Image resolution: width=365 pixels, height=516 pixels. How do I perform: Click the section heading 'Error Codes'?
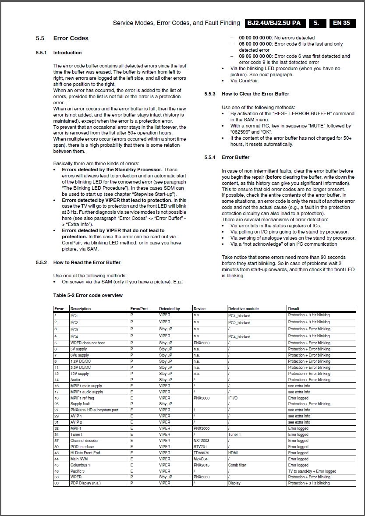pos(71,38)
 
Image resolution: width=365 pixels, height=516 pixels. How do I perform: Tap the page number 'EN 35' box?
pos(341,23)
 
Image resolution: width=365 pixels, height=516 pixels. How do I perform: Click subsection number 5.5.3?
pos(210,94)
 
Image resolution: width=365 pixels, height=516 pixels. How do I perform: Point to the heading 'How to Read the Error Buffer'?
pos(87,262)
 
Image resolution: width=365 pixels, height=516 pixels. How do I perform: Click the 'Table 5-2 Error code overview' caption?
pos(88,295)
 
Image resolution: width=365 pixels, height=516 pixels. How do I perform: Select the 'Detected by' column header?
pos(170,309)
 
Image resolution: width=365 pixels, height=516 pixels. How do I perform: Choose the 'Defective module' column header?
pos(243,309)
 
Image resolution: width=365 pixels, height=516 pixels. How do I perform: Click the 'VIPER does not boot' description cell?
pos(88,343)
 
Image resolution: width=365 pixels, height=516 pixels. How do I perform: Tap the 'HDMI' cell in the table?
pos(233,453)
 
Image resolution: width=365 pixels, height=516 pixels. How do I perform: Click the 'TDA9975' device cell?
pos(202,453)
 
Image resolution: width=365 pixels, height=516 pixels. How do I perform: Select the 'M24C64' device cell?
pos(201,459)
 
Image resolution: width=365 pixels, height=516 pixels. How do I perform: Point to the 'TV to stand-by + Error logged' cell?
pos(312,471)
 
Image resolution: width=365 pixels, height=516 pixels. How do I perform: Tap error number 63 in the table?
pos(57,483)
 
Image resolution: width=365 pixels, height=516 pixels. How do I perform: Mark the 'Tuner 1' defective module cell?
pos(234,435)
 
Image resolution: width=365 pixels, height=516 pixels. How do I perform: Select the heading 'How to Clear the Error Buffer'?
pos(255,94)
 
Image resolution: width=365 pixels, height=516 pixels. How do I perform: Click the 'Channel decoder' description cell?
pos(85,441)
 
